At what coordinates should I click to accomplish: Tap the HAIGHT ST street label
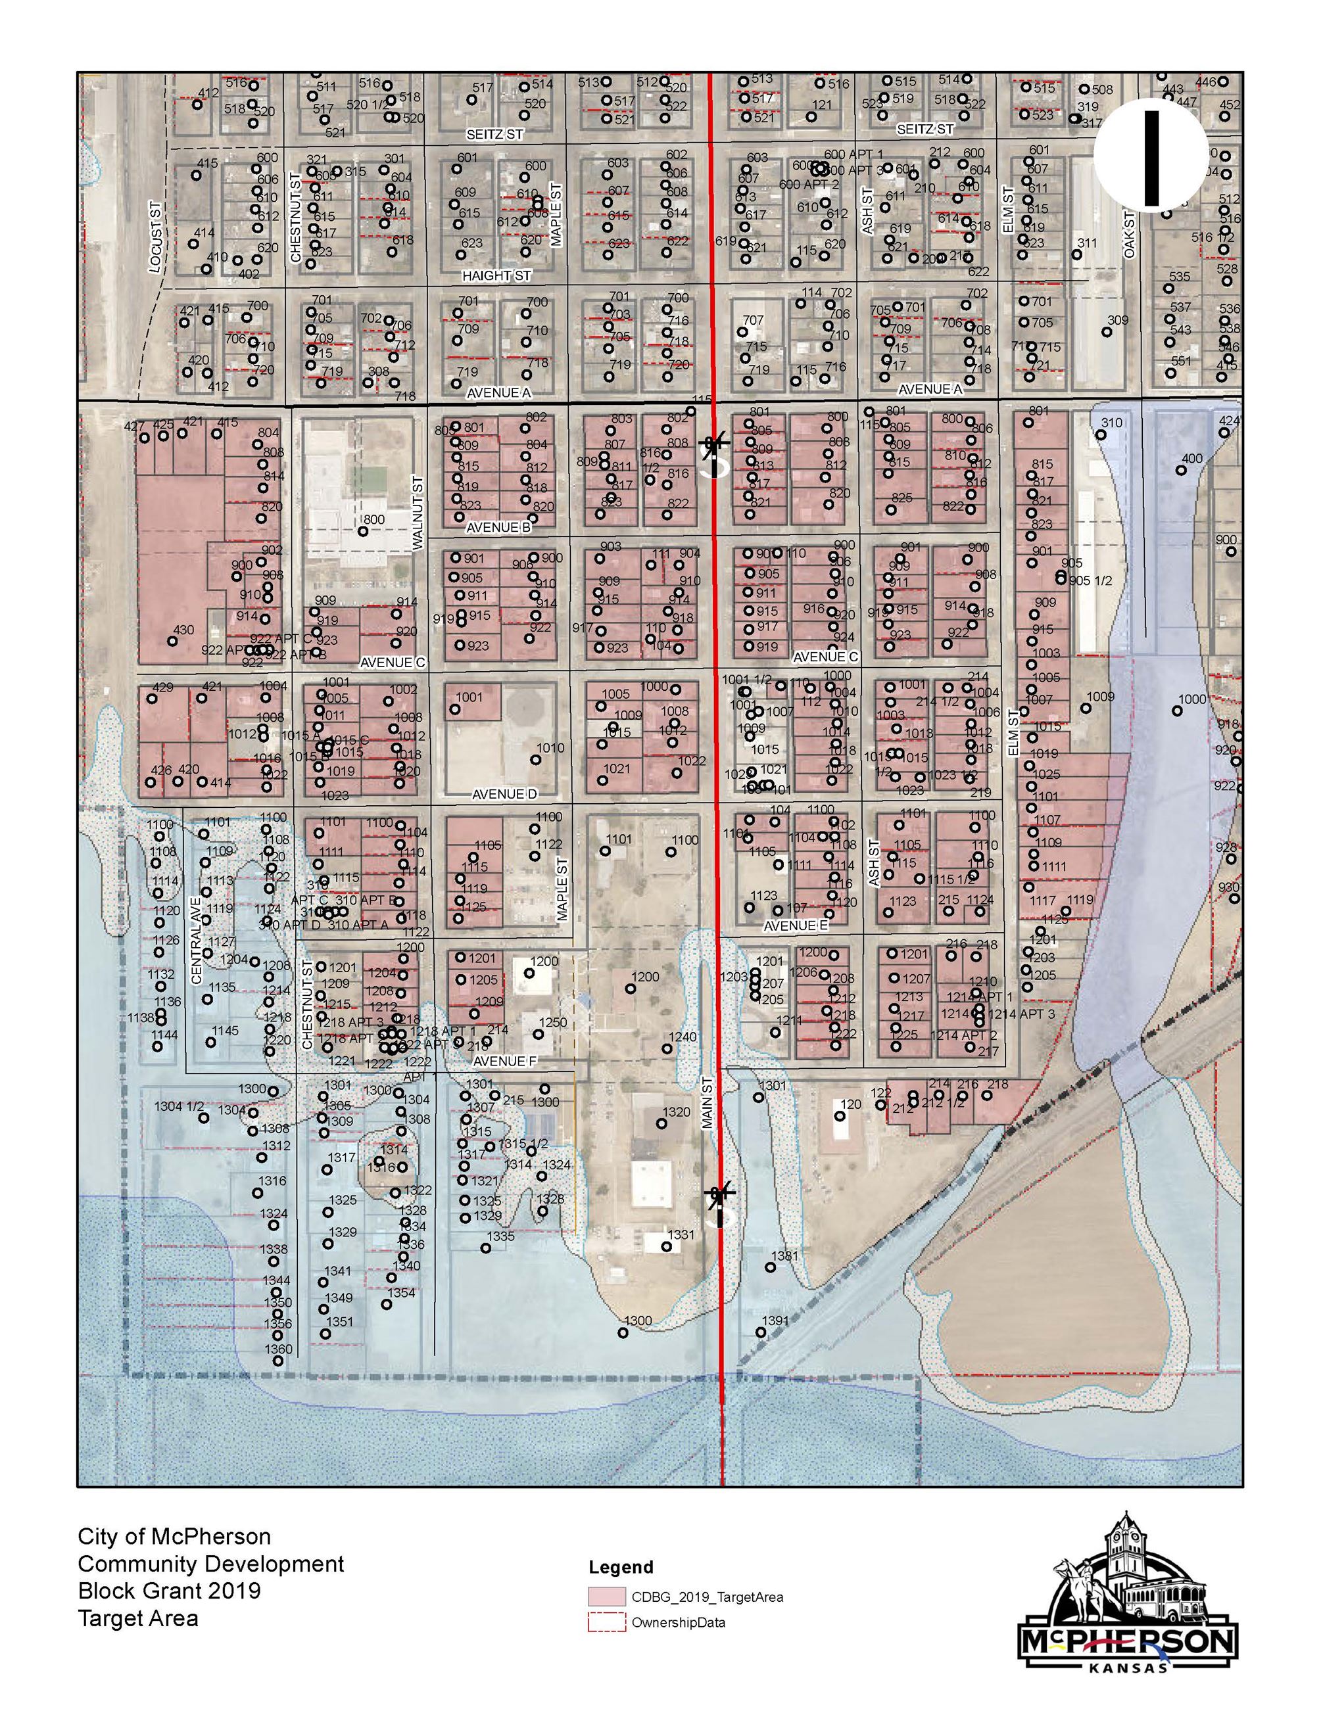coord(496,276)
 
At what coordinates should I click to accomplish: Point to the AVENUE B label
coord(498,527)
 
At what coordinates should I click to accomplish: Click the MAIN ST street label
coord(707,1102)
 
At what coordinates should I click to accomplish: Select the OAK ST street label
coord(1128,235)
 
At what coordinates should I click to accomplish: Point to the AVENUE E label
coord(796,925)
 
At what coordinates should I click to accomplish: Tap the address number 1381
coord(785,1256)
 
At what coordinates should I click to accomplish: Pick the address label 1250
coord(552,1023)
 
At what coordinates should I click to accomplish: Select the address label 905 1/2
coord(1090,580)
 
